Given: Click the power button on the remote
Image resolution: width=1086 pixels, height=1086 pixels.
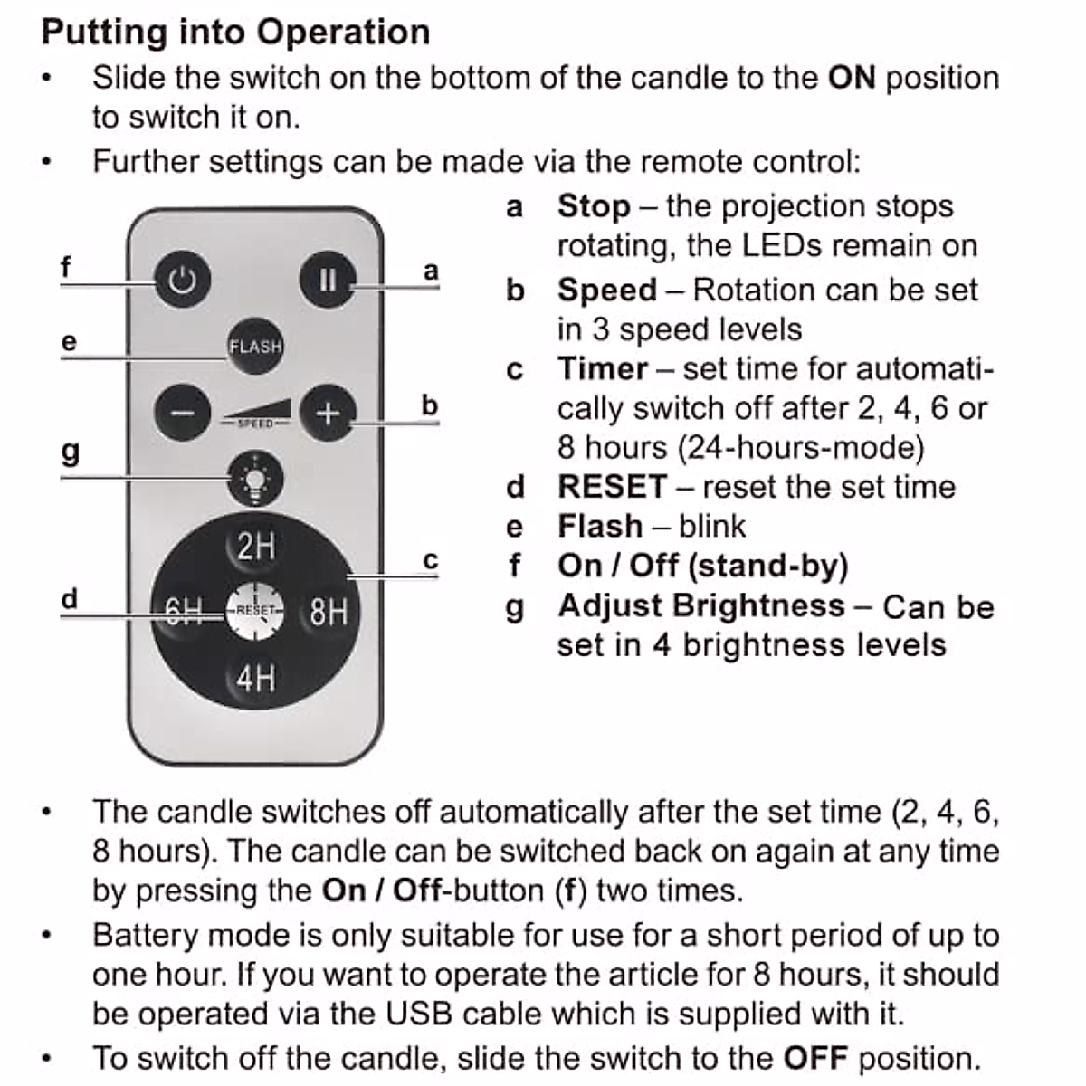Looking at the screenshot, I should coord(182,280).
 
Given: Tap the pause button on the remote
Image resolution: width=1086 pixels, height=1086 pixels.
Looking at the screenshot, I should coord(327,280).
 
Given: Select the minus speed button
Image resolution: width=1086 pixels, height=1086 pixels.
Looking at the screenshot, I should coord(182,413).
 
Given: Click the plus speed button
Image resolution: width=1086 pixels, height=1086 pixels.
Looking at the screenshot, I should coord(328,414).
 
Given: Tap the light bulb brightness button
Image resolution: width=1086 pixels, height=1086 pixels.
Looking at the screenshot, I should coord(255,479).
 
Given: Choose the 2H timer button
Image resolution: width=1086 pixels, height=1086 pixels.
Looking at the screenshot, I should coord(255,547).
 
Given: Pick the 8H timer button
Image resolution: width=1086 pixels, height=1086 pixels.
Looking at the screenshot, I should coord(329,612).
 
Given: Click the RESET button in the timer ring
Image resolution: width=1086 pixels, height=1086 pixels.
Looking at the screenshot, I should coord(254,611).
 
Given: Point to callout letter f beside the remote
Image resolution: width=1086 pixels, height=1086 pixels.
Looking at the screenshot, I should coord(65,268).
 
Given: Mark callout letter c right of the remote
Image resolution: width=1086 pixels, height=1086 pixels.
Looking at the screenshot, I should coord(431,561).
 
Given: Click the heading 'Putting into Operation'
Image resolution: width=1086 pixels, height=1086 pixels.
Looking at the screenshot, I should coord(235,33).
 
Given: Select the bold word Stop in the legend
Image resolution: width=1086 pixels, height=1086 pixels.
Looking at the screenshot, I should coord(594,206).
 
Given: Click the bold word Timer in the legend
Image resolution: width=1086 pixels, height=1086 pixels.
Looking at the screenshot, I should coord(603,369).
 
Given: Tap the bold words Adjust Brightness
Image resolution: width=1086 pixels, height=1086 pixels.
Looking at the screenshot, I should coord(701,605).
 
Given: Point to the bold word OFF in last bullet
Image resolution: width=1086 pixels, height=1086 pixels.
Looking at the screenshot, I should coord(815,1057).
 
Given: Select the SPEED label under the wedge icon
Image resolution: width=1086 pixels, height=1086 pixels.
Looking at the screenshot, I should coord(255,424).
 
